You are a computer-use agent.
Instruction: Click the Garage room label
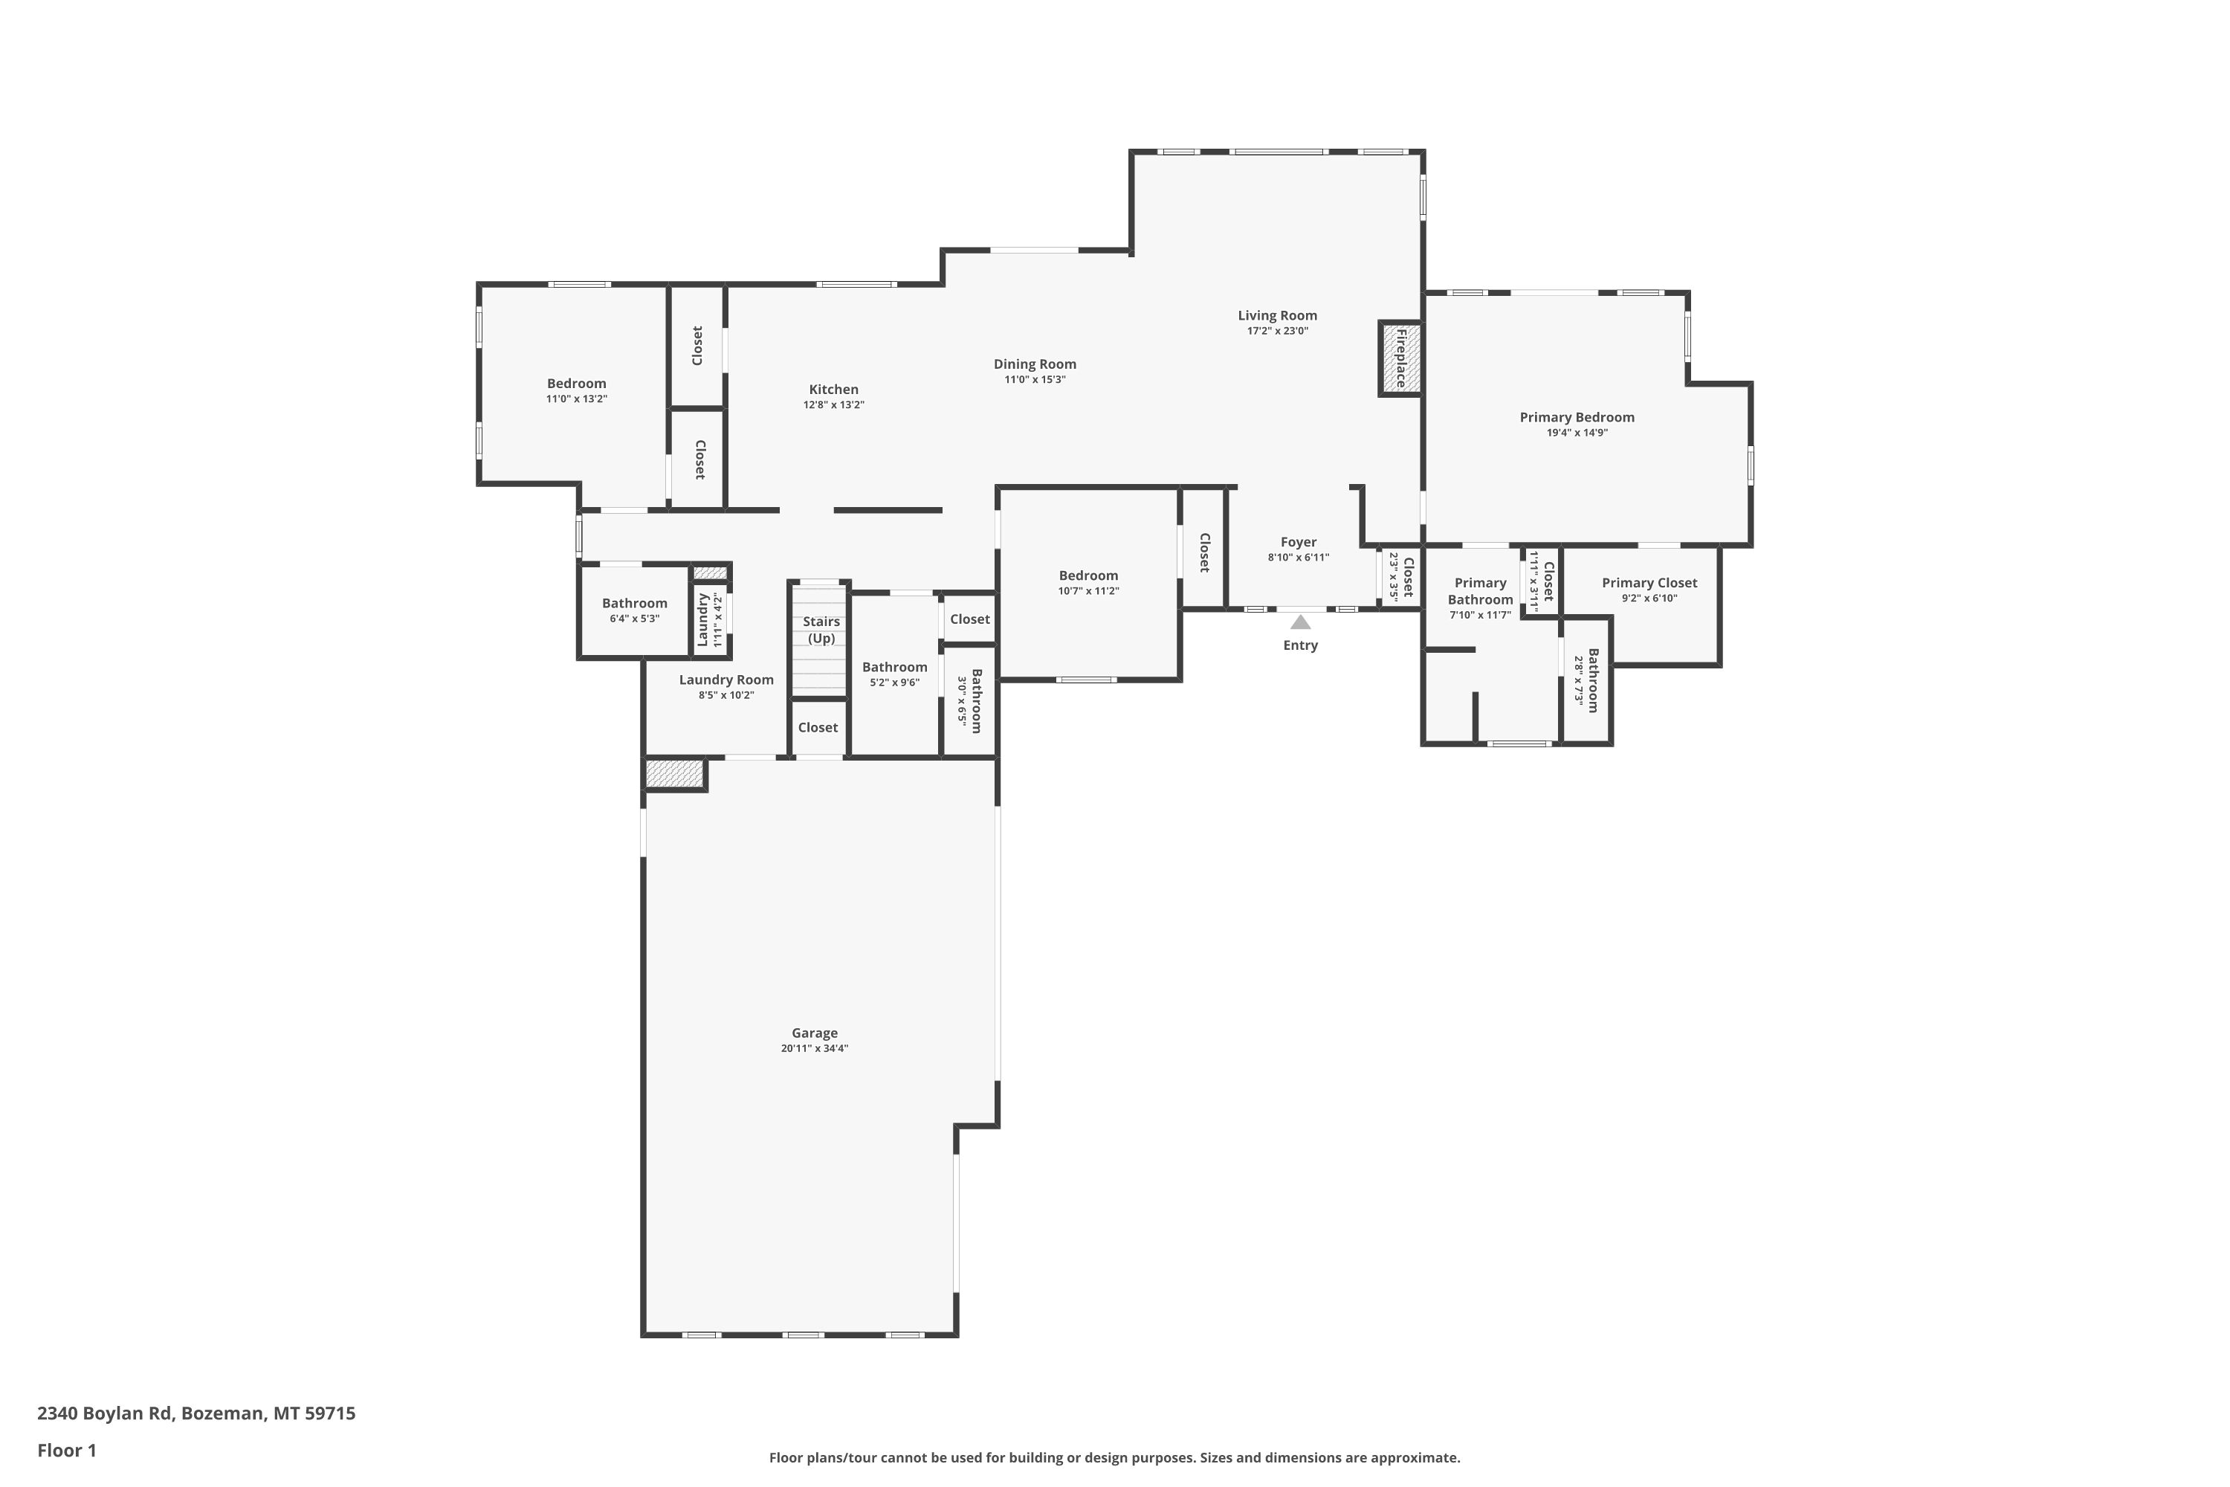(815, 1033)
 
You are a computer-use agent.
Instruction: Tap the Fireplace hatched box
(1400, 358)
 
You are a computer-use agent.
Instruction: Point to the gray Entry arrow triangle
(1300, 622)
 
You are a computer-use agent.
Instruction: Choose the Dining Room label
(1035, 364)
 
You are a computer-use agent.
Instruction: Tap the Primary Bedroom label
(1577, 417)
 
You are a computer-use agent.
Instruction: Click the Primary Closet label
(1649, 583)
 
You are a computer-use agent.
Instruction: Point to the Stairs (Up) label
(821, 630)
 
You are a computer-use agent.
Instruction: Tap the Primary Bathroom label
(1480, 591)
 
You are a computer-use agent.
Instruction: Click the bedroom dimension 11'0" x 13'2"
(577, 399)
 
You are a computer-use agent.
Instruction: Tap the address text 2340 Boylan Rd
(104, 1413)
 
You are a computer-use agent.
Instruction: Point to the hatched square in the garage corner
(674, 774)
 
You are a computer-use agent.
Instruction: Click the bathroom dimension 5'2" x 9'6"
(894, 682)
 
